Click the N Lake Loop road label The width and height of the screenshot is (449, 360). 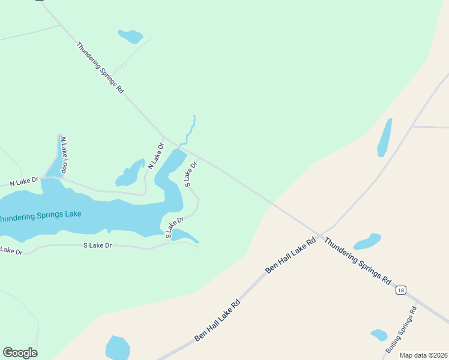point(63,155)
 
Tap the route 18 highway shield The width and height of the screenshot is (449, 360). point(401,290)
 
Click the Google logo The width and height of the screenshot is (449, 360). point(20,353)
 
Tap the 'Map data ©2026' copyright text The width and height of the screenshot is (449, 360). point(423,355)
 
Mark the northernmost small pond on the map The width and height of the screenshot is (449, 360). point(130,36)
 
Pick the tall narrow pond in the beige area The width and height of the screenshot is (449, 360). point(384,137)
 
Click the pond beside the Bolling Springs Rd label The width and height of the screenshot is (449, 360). point(379,335)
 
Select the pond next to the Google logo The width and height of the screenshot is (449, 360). point(118,348)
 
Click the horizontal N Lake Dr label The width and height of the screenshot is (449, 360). point(23,181)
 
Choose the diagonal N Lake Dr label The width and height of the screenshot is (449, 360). point(155,155)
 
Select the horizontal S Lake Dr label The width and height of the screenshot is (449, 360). point(98,245)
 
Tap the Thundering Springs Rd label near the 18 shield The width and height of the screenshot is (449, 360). point(358,261)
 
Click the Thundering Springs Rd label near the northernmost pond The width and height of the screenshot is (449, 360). point(100,67)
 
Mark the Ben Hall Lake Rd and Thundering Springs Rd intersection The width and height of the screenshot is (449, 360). point(321,233)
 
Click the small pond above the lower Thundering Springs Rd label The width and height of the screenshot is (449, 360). point(367,241)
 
